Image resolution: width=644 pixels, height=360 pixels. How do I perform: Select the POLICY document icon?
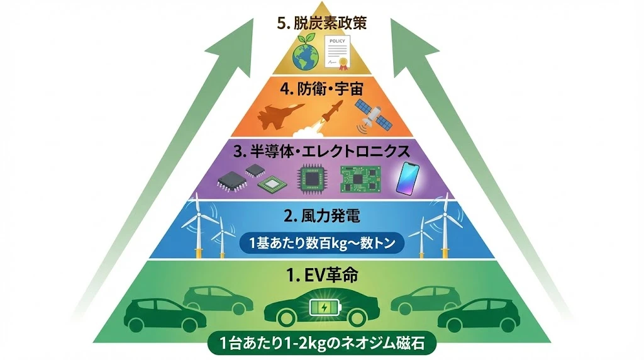(338, 51)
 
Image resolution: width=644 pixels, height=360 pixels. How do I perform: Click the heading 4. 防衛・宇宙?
(321, 89)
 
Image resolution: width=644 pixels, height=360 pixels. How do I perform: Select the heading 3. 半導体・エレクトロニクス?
(321, 152)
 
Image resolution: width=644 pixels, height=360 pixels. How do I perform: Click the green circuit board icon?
(360, 178)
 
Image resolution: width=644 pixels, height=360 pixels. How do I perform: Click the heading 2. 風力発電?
(321, 217)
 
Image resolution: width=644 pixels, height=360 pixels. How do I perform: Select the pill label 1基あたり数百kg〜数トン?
(321, 244)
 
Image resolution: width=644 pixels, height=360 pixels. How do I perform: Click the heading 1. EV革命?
(321, 275)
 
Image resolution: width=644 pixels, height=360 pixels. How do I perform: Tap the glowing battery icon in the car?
(324, 308)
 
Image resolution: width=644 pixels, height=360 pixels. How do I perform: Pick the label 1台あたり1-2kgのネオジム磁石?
(321, 345)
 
